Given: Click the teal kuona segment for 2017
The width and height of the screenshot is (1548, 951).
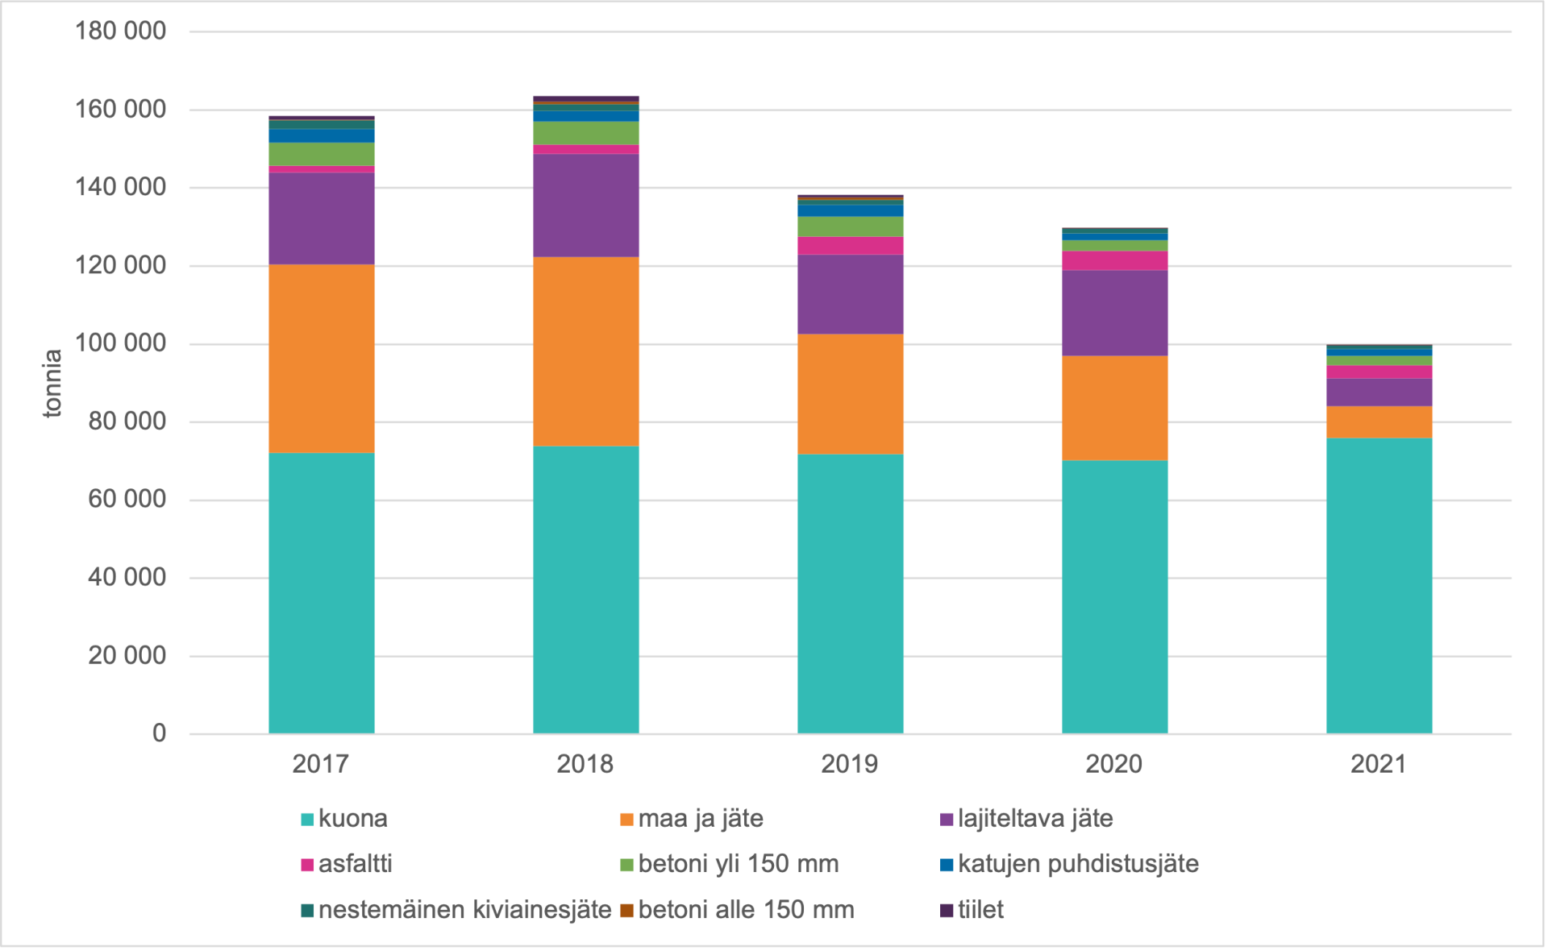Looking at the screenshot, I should click(x=321, y=592).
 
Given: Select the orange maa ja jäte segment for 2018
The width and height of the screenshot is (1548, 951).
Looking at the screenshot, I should click(x=585, y=351).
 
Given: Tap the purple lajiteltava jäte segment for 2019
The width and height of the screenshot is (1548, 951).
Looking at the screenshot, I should click(x=850, y=294).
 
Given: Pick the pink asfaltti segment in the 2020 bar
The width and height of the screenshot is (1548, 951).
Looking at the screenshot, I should click(x=1114, y=260).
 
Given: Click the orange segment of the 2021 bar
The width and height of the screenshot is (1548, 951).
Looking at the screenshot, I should click(x=1379, y=422).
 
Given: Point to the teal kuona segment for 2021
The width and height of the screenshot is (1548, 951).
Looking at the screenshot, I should click(x=1379, y=585).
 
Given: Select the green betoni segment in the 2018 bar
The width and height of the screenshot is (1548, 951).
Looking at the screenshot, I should click(x=585, y=133).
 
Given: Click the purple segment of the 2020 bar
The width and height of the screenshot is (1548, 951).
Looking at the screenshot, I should click(x=1114, y=313).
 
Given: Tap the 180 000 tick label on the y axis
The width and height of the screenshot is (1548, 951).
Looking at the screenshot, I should click(x=120, y=31).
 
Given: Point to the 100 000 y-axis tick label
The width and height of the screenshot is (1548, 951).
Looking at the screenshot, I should click(x=120, y=343).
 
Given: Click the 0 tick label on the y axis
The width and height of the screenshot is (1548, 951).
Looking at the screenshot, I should click(x=159, y=733).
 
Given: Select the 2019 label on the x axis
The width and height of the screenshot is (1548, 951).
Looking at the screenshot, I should click(x=849, y=763).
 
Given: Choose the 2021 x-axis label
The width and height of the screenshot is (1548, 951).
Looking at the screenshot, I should click(x=1378, y=763).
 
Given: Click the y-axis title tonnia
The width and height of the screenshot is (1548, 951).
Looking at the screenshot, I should click(x=52, y=383).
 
